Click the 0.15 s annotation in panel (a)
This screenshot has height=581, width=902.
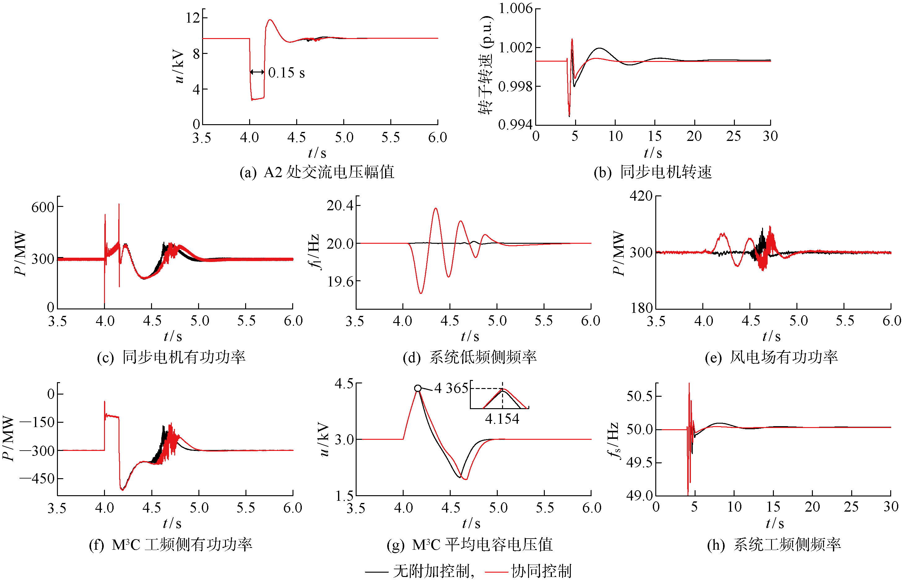(286, 72)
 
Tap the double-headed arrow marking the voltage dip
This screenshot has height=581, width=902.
(257, 72)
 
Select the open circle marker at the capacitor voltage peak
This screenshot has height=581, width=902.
(418, 388)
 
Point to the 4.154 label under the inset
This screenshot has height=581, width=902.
(502, 419)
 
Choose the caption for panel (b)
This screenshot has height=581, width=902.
(653, 173)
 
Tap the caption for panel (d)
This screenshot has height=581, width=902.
(470, 357)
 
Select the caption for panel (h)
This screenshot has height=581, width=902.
(774, 544)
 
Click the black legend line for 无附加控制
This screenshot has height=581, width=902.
(377, 572)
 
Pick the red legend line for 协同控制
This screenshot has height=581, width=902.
(496, 572)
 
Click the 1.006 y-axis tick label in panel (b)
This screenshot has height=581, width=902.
(515, 8)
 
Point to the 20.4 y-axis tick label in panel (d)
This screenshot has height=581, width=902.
(340, 206)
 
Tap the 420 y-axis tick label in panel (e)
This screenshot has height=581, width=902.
(641, 196)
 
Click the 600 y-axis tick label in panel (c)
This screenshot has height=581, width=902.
(43, 207)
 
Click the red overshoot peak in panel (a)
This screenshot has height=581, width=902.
(270, 20)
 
